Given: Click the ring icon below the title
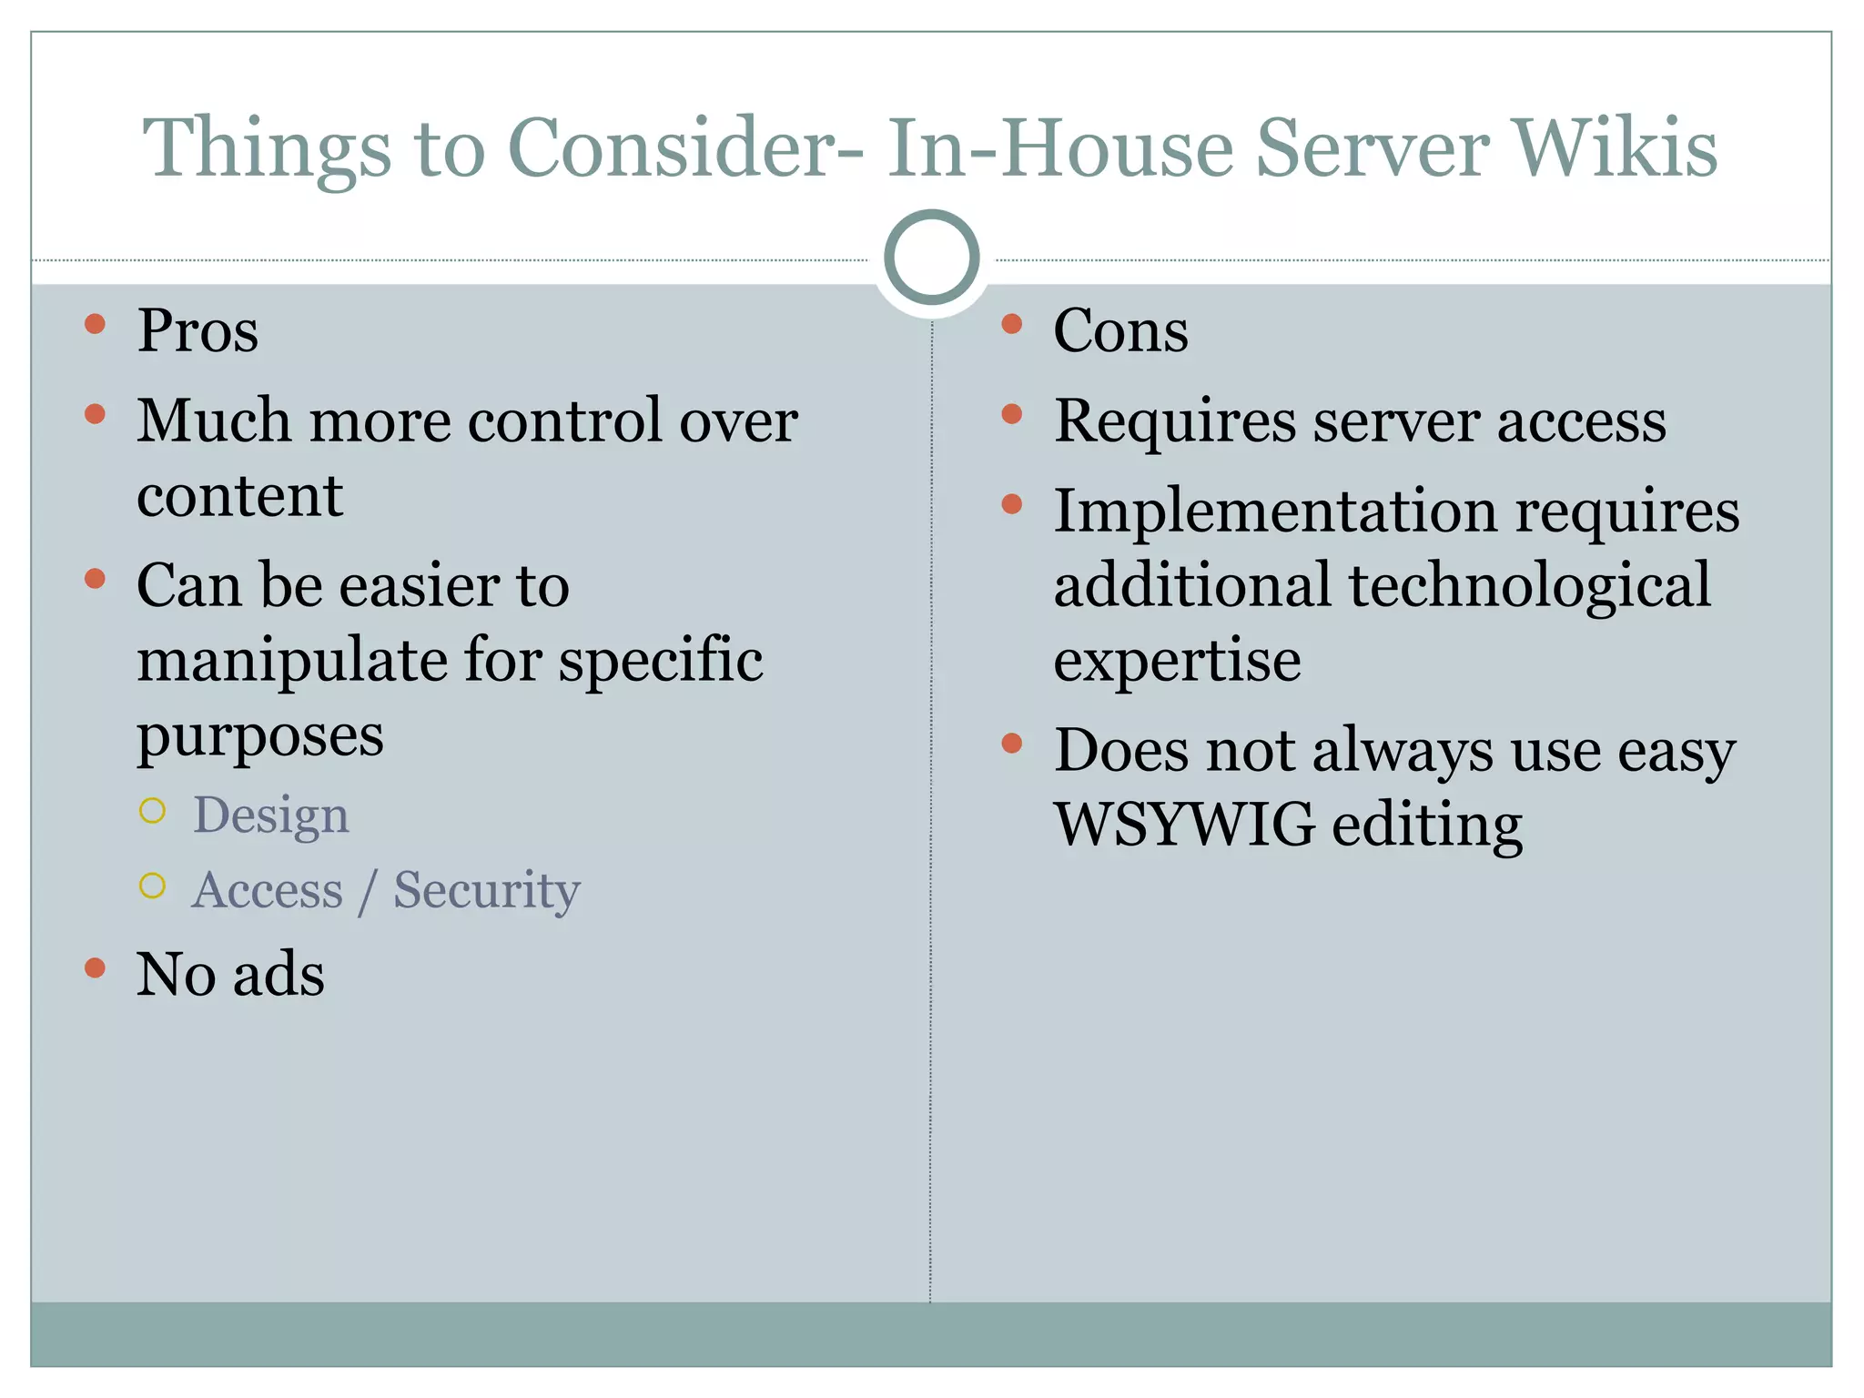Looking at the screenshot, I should (931, 258).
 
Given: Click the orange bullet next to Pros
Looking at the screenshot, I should (95, 324).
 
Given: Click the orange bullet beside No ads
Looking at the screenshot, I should (95, 967).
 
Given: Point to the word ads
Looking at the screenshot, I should (279, 974).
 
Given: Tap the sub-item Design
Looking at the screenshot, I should (270, 815).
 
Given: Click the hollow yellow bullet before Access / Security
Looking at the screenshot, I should (153, 886).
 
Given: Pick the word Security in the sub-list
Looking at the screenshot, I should (486, 890).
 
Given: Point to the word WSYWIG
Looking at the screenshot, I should (1184, 825).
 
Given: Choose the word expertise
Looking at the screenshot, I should (1177, 662).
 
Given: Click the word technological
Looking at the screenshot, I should (1529, 585).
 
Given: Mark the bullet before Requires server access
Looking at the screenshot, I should (1011, 415).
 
